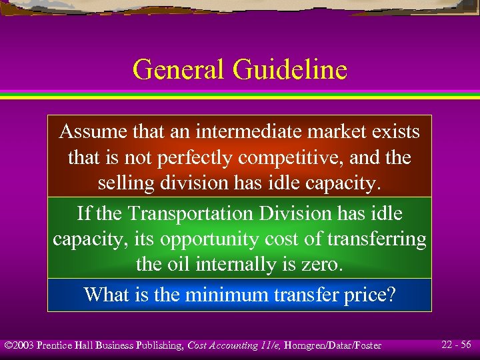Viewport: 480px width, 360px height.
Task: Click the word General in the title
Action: click(180, 69)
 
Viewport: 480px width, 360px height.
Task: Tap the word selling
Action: click(123, 183)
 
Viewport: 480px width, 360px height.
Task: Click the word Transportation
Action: click(189, 213)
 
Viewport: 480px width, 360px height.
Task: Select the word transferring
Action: click(381, 239)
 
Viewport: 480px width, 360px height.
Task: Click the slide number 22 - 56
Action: click(456, 345)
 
